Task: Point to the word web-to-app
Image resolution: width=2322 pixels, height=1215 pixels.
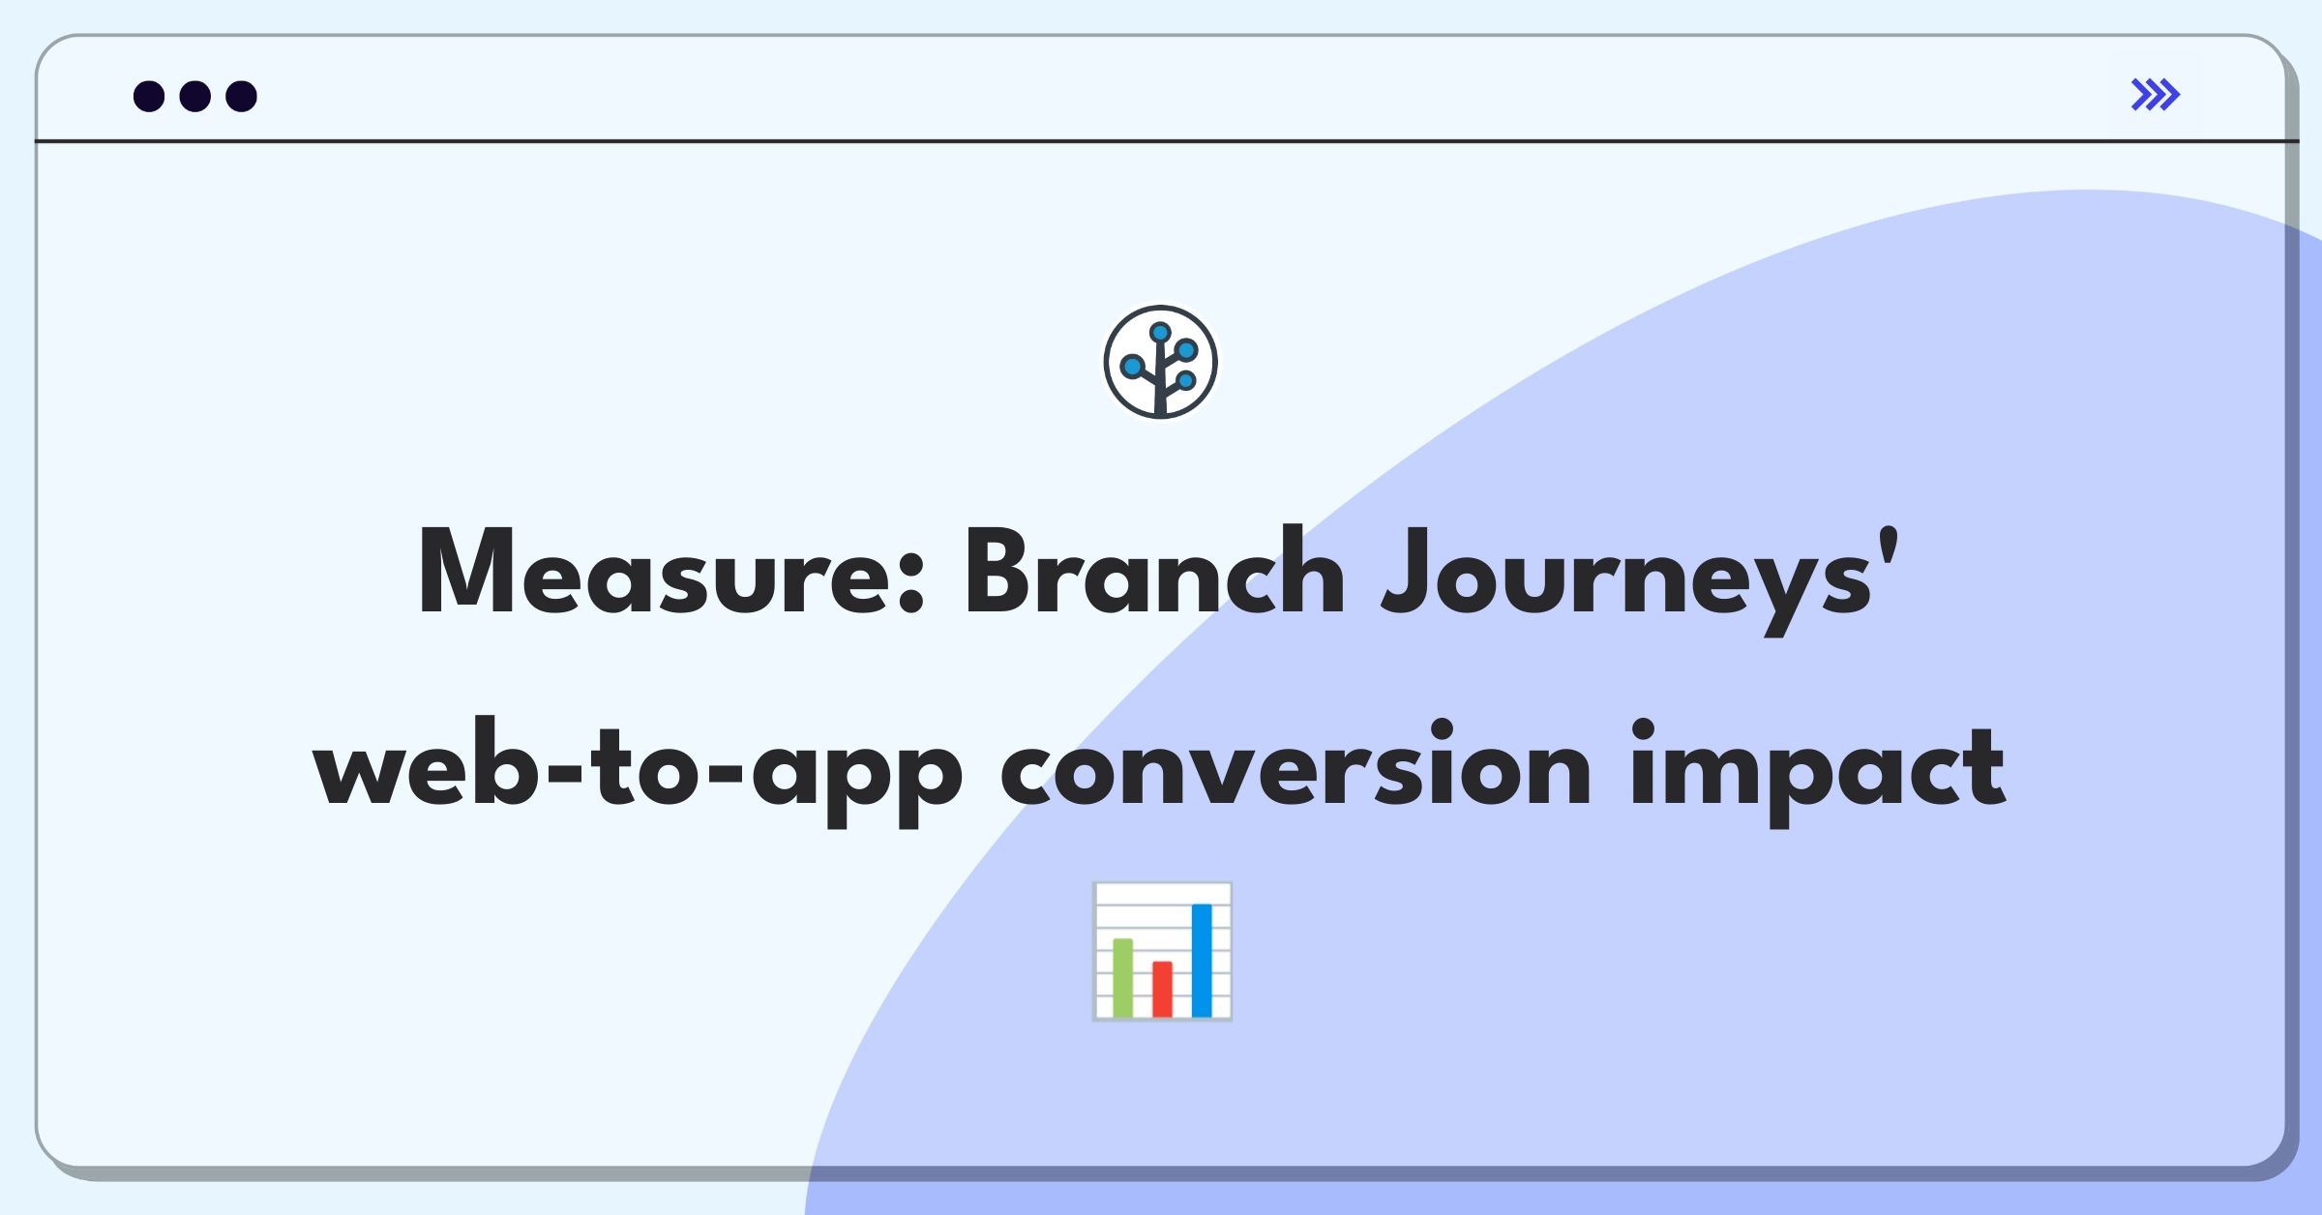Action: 638,769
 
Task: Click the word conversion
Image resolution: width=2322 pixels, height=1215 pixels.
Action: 1295,764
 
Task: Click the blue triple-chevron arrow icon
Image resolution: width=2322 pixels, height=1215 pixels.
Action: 2156,95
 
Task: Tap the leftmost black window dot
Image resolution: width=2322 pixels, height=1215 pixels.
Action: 149,96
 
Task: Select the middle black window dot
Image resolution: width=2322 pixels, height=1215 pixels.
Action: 195,96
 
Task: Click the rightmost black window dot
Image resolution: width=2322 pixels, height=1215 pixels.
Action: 242,96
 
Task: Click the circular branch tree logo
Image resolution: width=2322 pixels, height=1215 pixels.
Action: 1161,363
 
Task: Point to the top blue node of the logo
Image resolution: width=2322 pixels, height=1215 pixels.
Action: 1161,333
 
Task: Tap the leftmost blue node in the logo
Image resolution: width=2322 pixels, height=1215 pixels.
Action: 1132,367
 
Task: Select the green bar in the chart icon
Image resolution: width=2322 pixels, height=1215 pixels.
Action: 1123,977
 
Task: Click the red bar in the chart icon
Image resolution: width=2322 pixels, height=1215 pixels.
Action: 1162,989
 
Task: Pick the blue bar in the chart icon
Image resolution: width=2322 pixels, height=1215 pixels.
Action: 1202,961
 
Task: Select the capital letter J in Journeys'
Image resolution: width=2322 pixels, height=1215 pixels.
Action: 1408,571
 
